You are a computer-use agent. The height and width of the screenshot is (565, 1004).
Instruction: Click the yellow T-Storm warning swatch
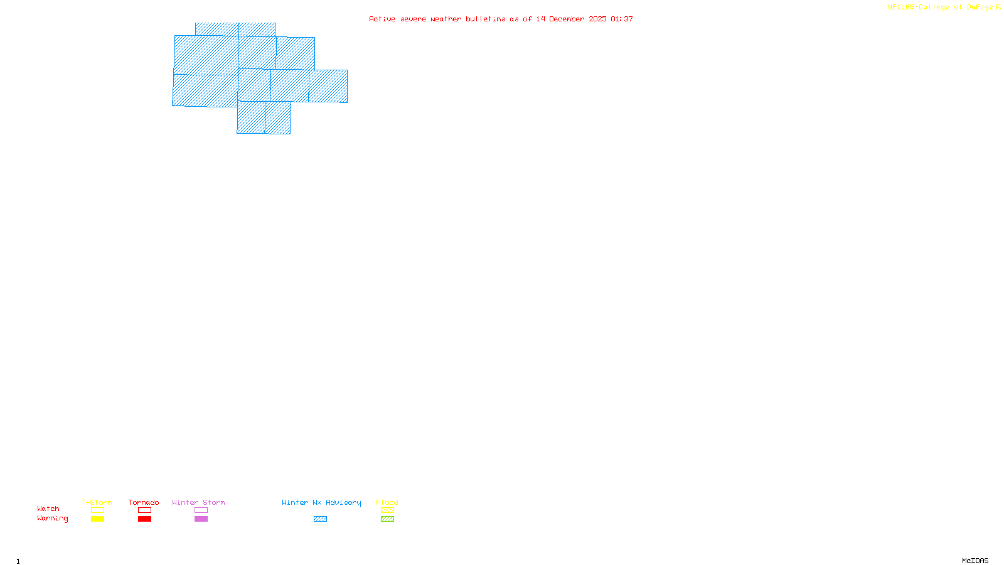[97, 519]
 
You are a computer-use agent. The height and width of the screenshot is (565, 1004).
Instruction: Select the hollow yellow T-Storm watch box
[97, 510]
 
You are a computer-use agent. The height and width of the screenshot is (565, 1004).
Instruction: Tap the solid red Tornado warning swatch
[144, 519]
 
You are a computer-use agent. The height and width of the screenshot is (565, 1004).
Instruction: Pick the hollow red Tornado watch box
[144, 510]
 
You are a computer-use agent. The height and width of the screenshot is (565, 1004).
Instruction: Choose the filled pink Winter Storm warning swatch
[201, 519]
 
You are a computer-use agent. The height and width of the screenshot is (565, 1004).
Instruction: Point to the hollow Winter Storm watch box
[201, 510]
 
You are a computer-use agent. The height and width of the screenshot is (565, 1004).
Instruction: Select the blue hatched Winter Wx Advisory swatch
[320, 519]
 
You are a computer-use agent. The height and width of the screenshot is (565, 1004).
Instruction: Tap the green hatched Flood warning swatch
[387, 519]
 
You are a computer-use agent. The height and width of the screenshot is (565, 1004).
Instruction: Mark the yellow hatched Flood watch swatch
[387, 510]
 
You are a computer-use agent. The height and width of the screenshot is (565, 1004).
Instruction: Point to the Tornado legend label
[144, 502]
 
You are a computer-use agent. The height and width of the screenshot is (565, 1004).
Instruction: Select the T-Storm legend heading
[97, 502]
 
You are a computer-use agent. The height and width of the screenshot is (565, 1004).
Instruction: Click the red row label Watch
[48, 509]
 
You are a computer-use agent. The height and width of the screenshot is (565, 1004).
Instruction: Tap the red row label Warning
[52, 519]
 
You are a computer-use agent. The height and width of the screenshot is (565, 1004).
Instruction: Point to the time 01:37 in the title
[621, 19]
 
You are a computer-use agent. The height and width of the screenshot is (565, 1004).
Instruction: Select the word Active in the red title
[382, 19]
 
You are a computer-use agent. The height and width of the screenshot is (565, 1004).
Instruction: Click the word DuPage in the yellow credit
[980, 8]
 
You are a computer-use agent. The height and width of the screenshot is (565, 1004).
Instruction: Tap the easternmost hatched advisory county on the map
[328, 86]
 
